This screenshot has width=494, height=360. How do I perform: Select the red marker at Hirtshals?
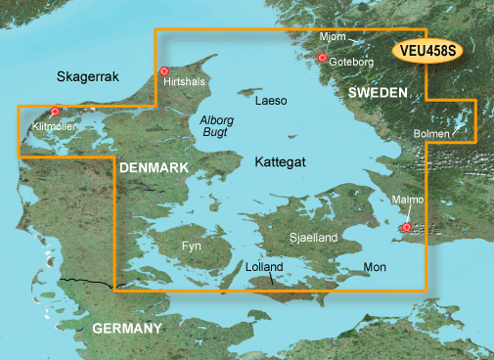click(x=164, y=71)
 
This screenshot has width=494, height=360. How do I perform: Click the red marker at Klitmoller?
click(x=56, y=112)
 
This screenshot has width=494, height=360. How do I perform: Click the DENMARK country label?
click(x=154, y=169)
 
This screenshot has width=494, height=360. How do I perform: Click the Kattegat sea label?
click(x=282, y=159)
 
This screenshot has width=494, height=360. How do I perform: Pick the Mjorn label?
click(x=333, y=37)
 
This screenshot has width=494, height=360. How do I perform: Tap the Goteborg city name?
click(x=352, y=61)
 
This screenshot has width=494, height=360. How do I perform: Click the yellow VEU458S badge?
click(x=430, y=51)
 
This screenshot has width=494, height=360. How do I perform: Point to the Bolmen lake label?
click(x=432, y=133)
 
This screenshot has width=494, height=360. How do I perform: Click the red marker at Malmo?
click(x=407, y=228)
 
